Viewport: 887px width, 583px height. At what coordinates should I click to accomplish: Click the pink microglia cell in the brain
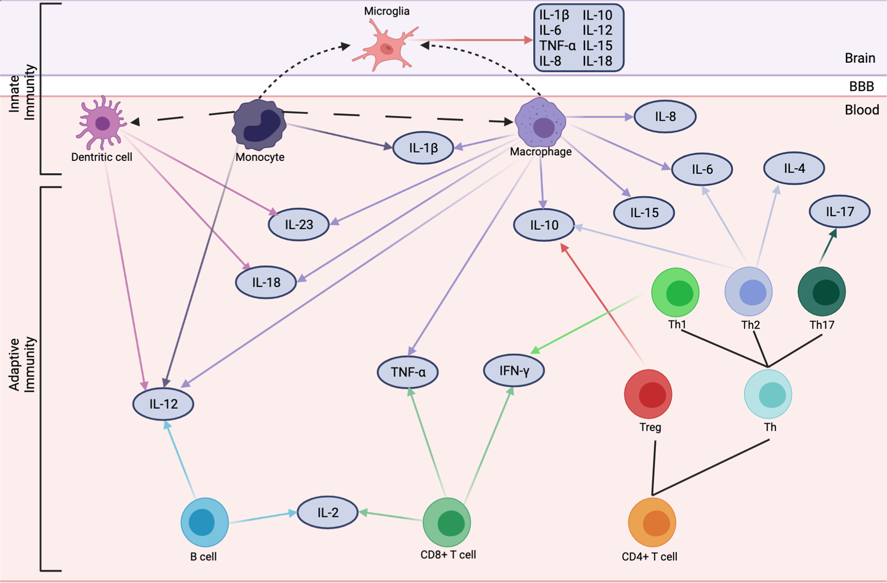pos(386,47)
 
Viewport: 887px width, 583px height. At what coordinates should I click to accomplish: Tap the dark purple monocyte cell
pos(259,125)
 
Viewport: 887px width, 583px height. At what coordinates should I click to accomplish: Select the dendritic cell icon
pos(102,123)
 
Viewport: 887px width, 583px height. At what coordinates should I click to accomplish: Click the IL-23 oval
pos(299,224)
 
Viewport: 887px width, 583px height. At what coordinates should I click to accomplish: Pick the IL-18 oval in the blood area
pos(266,282)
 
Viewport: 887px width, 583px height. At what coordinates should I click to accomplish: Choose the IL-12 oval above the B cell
pos(163,404)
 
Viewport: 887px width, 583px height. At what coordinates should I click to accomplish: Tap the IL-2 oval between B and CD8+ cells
pos(328,512)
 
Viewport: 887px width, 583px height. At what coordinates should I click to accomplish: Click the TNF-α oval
pos(408,372)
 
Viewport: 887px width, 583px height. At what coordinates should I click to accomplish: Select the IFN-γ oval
pos(514,371)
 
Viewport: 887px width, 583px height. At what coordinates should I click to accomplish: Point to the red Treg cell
pos(648,394)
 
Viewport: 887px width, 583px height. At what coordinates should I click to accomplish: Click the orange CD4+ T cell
pos(652,523)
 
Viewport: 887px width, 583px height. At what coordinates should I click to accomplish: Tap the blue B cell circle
pos(204,522)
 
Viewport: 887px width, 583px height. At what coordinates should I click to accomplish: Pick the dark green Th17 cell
pos(822,292)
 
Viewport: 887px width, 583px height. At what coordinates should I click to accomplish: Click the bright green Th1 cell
pos(675,292)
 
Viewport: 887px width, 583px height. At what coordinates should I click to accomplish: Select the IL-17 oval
pos(840,211)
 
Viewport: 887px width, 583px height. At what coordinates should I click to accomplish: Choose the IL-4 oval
pos(794,168)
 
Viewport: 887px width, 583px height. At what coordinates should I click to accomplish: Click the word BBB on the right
pos(861,86)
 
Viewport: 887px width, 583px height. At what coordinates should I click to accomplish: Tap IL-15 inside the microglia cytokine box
pos(597,45)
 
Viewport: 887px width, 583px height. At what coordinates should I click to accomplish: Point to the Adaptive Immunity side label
pos(22,365)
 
